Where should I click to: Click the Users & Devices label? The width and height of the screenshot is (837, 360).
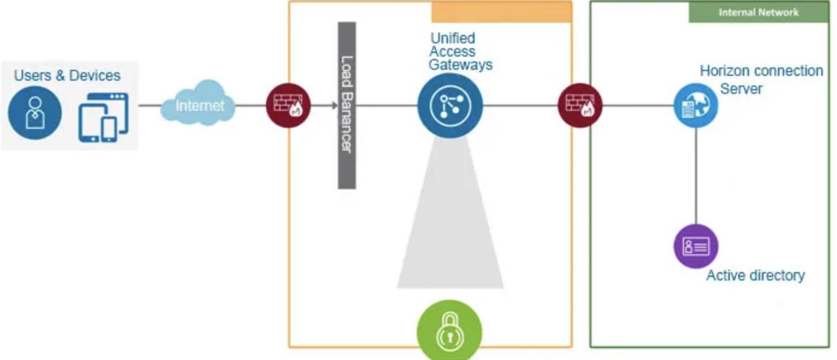[67, 76]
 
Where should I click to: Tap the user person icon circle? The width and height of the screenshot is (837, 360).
[35, 114]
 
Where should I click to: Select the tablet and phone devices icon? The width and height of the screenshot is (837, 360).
[103, 117]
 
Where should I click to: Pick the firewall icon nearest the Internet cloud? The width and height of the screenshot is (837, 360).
[288, 106]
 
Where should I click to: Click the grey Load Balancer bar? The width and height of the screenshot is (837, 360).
[346, 105]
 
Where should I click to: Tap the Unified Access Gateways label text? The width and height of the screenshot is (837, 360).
[461, 52]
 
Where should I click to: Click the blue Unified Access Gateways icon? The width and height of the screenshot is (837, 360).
[450, 106]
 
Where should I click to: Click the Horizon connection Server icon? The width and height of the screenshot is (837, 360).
[695, 105]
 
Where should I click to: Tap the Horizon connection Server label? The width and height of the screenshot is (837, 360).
[761, 79]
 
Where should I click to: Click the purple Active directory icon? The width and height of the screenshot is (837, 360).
[695, 246]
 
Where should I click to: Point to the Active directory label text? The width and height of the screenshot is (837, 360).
[755, 276]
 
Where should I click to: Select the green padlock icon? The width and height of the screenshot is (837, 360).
[450, 331]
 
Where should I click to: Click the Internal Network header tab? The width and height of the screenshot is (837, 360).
[758, 12]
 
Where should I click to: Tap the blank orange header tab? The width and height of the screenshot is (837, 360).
[501, 12]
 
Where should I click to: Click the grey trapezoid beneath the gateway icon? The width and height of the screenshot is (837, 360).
[450, 229]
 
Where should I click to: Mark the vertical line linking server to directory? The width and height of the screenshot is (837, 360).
[695, 175]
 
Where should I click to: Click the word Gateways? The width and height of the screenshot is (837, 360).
[461, 64]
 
